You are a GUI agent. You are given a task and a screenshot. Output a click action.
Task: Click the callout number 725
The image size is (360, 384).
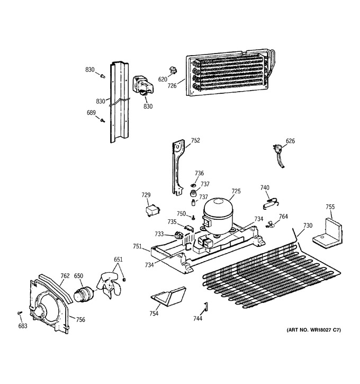coord(236,191)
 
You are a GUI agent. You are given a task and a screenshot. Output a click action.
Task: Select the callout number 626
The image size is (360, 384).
coord(290,141)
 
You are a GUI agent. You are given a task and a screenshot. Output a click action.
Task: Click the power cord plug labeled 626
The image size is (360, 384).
coord(279,156)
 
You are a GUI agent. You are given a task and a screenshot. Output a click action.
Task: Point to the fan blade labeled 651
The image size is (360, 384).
coord(109,285)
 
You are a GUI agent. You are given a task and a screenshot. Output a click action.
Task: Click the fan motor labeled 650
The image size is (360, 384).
coord(83,294)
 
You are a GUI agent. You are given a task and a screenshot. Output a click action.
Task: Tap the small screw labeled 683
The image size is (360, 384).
coord(20,312)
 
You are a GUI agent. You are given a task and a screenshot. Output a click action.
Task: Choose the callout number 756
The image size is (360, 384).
coord(80,319)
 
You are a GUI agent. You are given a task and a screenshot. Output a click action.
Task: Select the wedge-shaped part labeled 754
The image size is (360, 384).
coord(168,296)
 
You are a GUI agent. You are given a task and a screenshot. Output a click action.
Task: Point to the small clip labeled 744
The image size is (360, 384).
coord(206,306)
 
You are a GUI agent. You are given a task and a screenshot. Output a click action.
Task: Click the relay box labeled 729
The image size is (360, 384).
coord(152,210)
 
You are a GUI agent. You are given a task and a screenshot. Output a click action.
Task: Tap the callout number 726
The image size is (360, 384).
coord(172,86)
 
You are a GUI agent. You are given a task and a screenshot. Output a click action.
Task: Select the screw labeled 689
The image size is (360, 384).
coord(103,120)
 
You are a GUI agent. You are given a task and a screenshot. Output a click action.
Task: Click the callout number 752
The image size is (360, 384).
coord(195,140)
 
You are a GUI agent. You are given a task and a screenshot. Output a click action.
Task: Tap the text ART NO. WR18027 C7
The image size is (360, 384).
coord(314,330)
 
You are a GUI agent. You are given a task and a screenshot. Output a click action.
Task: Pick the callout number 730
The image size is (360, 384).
coord(308,225)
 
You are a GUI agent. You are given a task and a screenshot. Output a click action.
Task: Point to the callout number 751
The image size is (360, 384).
coord(137,246)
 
